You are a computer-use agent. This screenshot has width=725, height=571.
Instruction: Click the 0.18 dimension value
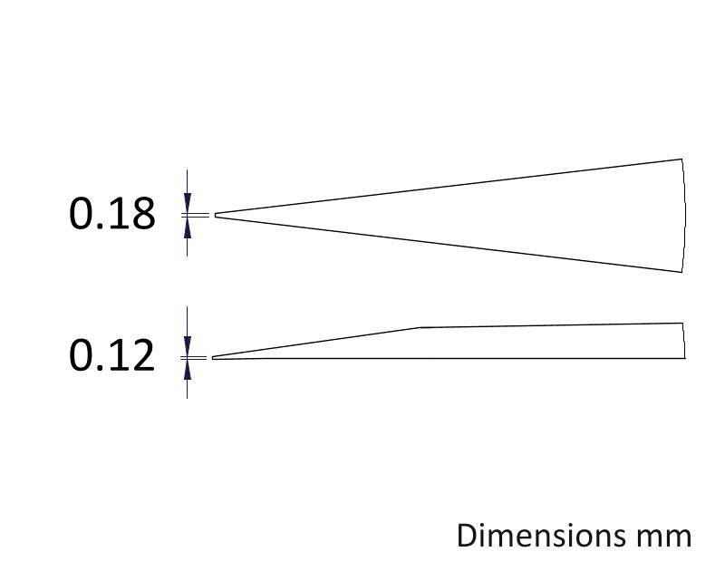[111, 214]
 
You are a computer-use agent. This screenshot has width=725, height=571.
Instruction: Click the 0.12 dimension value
[111, 355]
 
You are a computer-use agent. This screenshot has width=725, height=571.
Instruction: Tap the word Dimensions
[541, 536]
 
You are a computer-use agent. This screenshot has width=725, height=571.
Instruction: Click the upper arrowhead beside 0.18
[188, 203]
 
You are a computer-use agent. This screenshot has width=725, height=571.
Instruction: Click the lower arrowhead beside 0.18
[188, 227]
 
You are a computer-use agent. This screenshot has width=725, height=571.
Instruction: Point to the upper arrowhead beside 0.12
[188, 346]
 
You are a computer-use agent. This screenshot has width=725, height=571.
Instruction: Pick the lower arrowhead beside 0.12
[188, 370]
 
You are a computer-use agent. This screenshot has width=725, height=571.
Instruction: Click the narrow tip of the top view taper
[216, 215]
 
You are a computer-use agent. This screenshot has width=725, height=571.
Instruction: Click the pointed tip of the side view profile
[213, 357]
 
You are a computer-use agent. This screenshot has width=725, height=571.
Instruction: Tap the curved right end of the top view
[684, 216]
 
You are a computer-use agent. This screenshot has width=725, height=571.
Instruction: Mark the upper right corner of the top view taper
[681, 159]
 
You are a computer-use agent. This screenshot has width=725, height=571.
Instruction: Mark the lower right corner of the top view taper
[681, 272]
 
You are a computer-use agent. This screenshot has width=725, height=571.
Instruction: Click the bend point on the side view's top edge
[419, 327]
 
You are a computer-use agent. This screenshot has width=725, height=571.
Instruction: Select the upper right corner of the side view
[682, 323]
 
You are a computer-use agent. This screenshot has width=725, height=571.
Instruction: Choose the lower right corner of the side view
[685, 358]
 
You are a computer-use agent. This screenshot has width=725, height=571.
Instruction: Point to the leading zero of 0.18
[81, 214]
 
